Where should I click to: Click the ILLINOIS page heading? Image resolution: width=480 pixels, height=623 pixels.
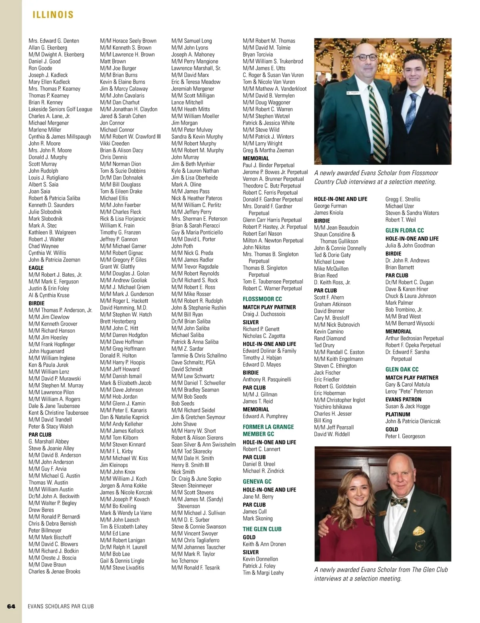coord(53,15)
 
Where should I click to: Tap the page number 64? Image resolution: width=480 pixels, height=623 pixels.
coord(11,606)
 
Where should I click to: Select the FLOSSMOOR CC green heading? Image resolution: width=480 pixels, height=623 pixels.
coord(262,299)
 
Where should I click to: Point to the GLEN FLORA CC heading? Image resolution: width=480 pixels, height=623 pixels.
coord(405,230)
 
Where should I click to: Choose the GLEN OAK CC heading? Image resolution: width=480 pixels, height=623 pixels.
coord(402,369)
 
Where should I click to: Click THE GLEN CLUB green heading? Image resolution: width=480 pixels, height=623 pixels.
coord(262,529)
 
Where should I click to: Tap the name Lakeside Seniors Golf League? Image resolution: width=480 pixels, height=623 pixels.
coord(60,109)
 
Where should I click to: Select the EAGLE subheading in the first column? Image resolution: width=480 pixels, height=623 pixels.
coord(36,268)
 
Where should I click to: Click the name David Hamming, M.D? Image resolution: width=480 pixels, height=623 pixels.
coord(124,308)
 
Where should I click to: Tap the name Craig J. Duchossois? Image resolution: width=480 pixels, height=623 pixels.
coord(264,314)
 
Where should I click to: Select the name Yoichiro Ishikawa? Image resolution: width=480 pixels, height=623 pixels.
coord(333,407)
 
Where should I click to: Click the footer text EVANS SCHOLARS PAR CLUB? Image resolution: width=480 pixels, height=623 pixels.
coord(61,606)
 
